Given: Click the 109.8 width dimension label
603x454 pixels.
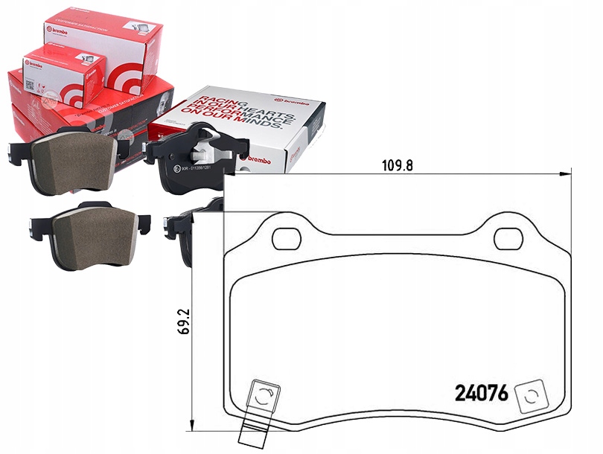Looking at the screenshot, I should (x=398, y=166).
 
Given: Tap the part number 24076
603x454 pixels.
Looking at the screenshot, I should (x=481, y=394).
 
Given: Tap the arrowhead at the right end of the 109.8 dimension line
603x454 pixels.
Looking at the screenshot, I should (x=565, y=173).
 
